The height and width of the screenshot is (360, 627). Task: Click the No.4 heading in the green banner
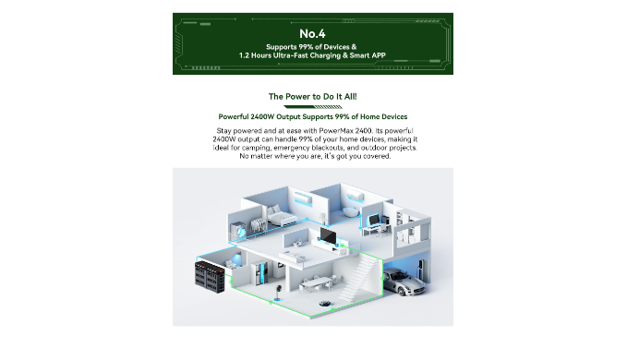(312, 33)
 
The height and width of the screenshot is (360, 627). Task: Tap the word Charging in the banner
(325, 55)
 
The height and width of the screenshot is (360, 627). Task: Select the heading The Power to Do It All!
(313, 97)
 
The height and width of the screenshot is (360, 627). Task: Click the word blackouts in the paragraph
(328, 148)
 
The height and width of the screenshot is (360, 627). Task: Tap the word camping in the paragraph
(256, 149)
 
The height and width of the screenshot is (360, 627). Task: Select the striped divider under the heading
(313, 107)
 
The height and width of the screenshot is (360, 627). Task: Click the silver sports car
(404, 282)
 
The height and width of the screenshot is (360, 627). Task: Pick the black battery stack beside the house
(210, 277)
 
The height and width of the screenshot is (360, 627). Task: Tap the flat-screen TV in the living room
(329, 235)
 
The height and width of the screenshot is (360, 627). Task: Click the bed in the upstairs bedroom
(281, 216)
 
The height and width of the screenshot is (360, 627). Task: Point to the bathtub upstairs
(351, 212)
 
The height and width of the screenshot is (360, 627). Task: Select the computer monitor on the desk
(374, 220)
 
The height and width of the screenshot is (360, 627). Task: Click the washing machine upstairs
(239, 231)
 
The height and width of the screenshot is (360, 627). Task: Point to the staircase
(360, 276)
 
